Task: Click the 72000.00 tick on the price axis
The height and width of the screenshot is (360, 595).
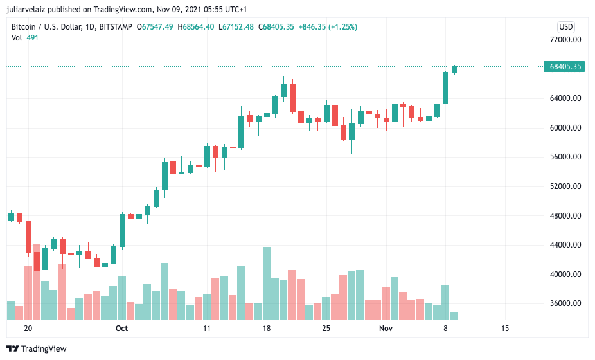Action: pyautogui.click(x=565, y=40)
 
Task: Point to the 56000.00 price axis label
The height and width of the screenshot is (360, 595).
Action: pyautogui.click(x=565, y=157)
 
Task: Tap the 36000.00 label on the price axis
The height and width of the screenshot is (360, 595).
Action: pyautogui.click(x=565, y=303)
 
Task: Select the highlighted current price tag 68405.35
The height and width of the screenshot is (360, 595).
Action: pyautogui.click(x=565, y=66)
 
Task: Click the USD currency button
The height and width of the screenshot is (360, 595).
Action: pyautogui.click(x=565, y=26)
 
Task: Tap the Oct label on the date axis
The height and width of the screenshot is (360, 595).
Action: pyautogui.click(x=121, y=328)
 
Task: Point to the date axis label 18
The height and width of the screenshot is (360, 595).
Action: pyautogui.click(x=267, y=328)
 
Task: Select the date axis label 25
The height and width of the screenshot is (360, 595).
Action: pyautogui.click(x=326, y=328)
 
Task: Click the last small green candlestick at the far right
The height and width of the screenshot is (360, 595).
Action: pyautogui.click(x=454, y=69)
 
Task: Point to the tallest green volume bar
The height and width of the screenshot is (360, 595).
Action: pyautogui.click(x=267, y=283)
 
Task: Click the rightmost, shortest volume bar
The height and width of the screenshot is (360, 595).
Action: pyautogui.click(x=454, y=316)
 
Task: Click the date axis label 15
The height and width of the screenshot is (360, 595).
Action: pyautogui.click(x=504, y=328)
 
